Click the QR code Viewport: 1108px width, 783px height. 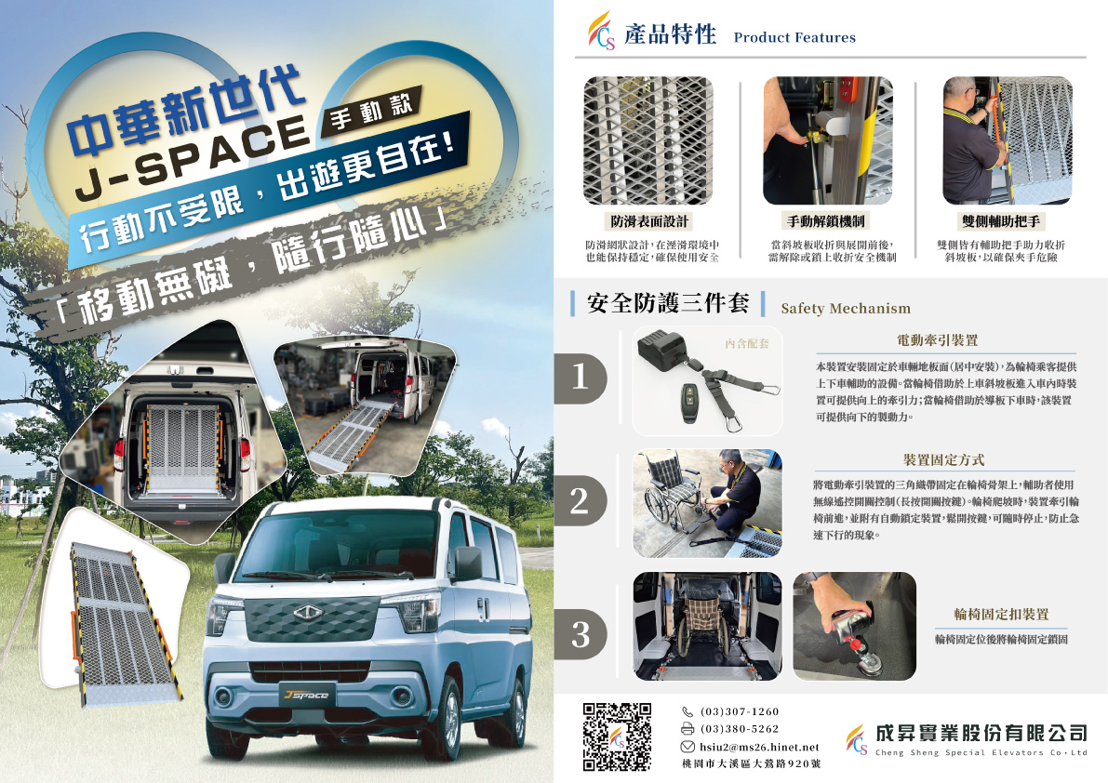click(617, 737)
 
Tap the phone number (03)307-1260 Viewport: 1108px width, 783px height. click(740, 711)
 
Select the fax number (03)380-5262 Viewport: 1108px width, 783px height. click(740, 729)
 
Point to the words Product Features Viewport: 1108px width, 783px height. click(794, 37)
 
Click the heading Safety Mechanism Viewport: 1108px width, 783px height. click(846, 309)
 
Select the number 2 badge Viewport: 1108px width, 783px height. click(581, 500)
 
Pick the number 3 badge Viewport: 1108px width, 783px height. click(581, 633)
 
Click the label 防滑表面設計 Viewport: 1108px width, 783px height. click(648, 221)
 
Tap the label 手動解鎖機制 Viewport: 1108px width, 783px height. click(826, 221)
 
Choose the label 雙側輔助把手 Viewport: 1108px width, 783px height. click(1001, 221)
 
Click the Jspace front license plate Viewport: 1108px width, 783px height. click(306, 695)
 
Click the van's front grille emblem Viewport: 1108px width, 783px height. click(307, 613)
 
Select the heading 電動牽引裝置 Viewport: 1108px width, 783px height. click(937, 340)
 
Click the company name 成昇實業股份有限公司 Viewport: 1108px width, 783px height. click(981, 733)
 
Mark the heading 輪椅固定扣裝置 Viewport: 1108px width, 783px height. click(1001, 615)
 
